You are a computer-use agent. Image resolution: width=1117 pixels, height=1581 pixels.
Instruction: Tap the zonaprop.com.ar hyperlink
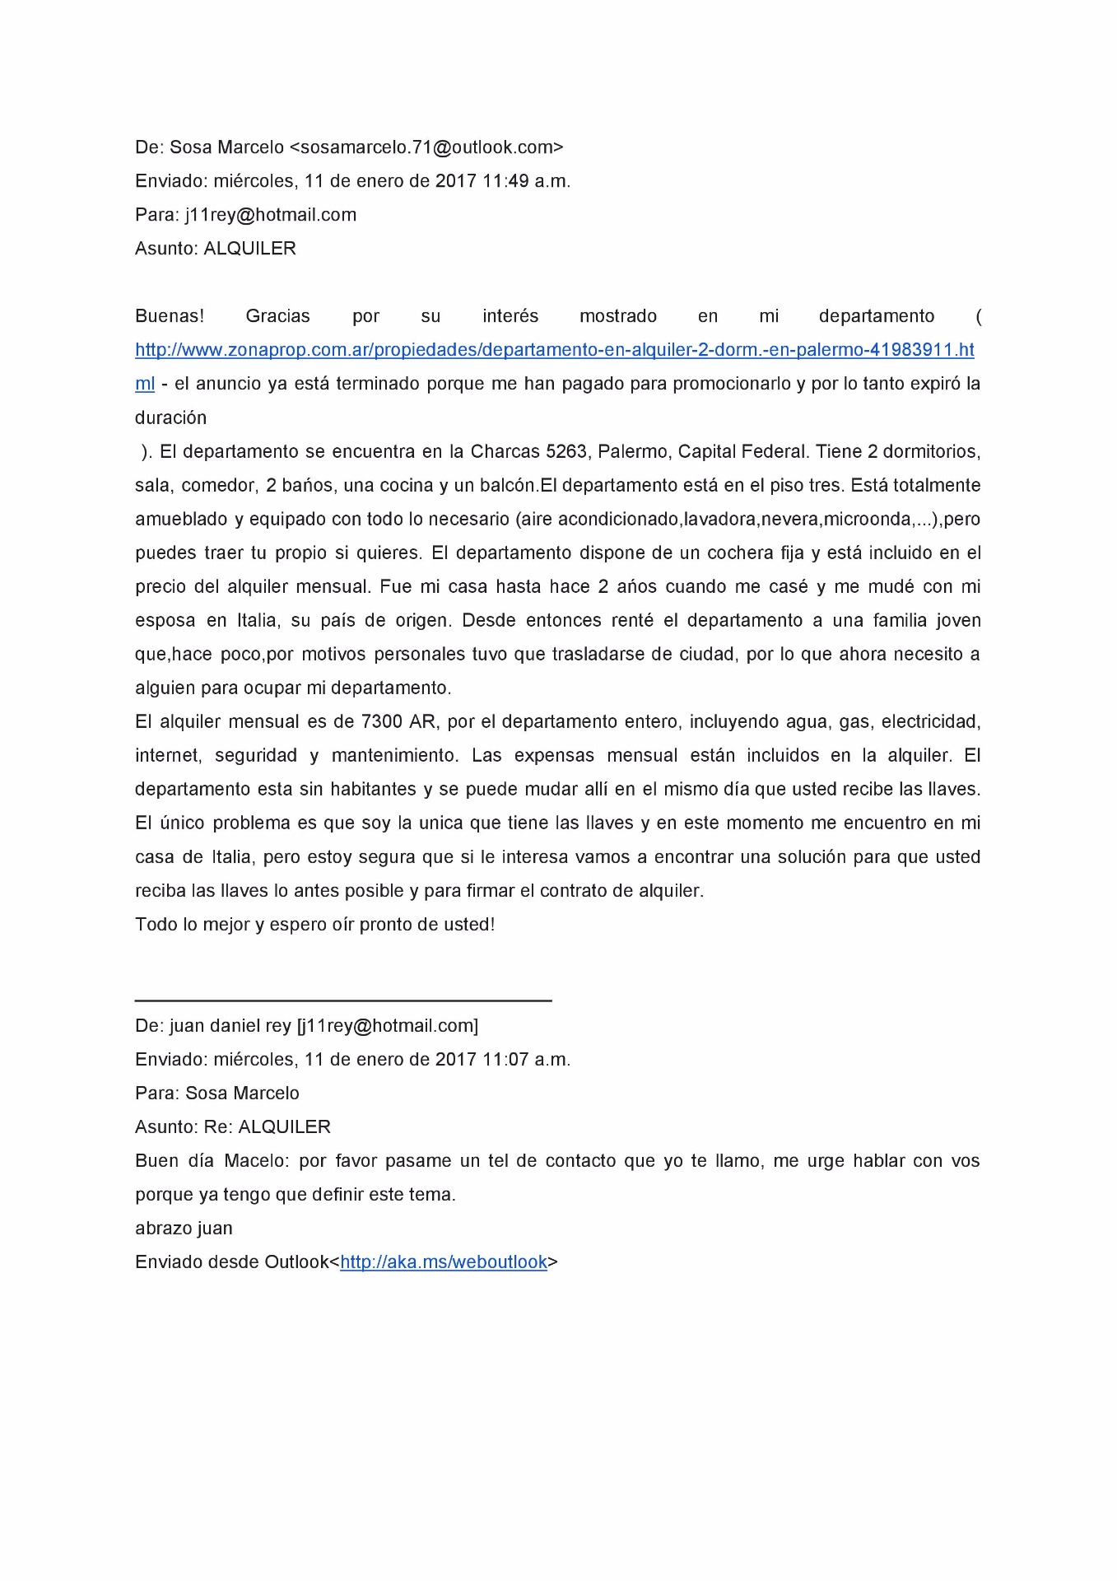pos(554,350)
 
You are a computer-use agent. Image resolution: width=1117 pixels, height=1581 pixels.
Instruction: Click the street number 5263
pos(566,451)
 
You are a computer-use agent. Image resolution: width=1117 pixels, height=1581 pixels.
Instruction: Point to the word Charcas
pos(503,451)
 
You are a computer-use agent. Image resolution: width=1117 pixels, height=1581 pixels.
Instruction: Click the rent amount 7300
pos(381,722)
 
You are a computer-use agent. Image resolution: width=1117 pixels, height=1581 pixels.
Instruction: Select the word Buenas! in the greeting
pos(170,316)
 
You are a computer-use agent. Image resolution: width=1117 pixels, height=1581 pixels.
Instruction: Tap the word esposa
pos(165,620)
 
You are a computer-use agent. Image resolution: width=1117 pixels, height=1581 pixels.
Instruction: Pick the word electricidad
pos(930,722)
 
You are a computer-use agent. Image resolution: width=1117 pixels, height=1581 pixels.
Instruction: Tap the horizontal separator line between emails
pos(343,1000)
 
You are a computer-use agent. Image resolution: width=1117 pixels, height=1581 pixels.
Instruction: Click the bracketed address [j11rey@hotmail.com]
pos(387,1026)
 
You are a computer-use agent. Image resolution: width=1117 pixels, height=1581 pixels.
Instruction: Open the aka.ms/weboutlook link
pos(444,1262)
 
